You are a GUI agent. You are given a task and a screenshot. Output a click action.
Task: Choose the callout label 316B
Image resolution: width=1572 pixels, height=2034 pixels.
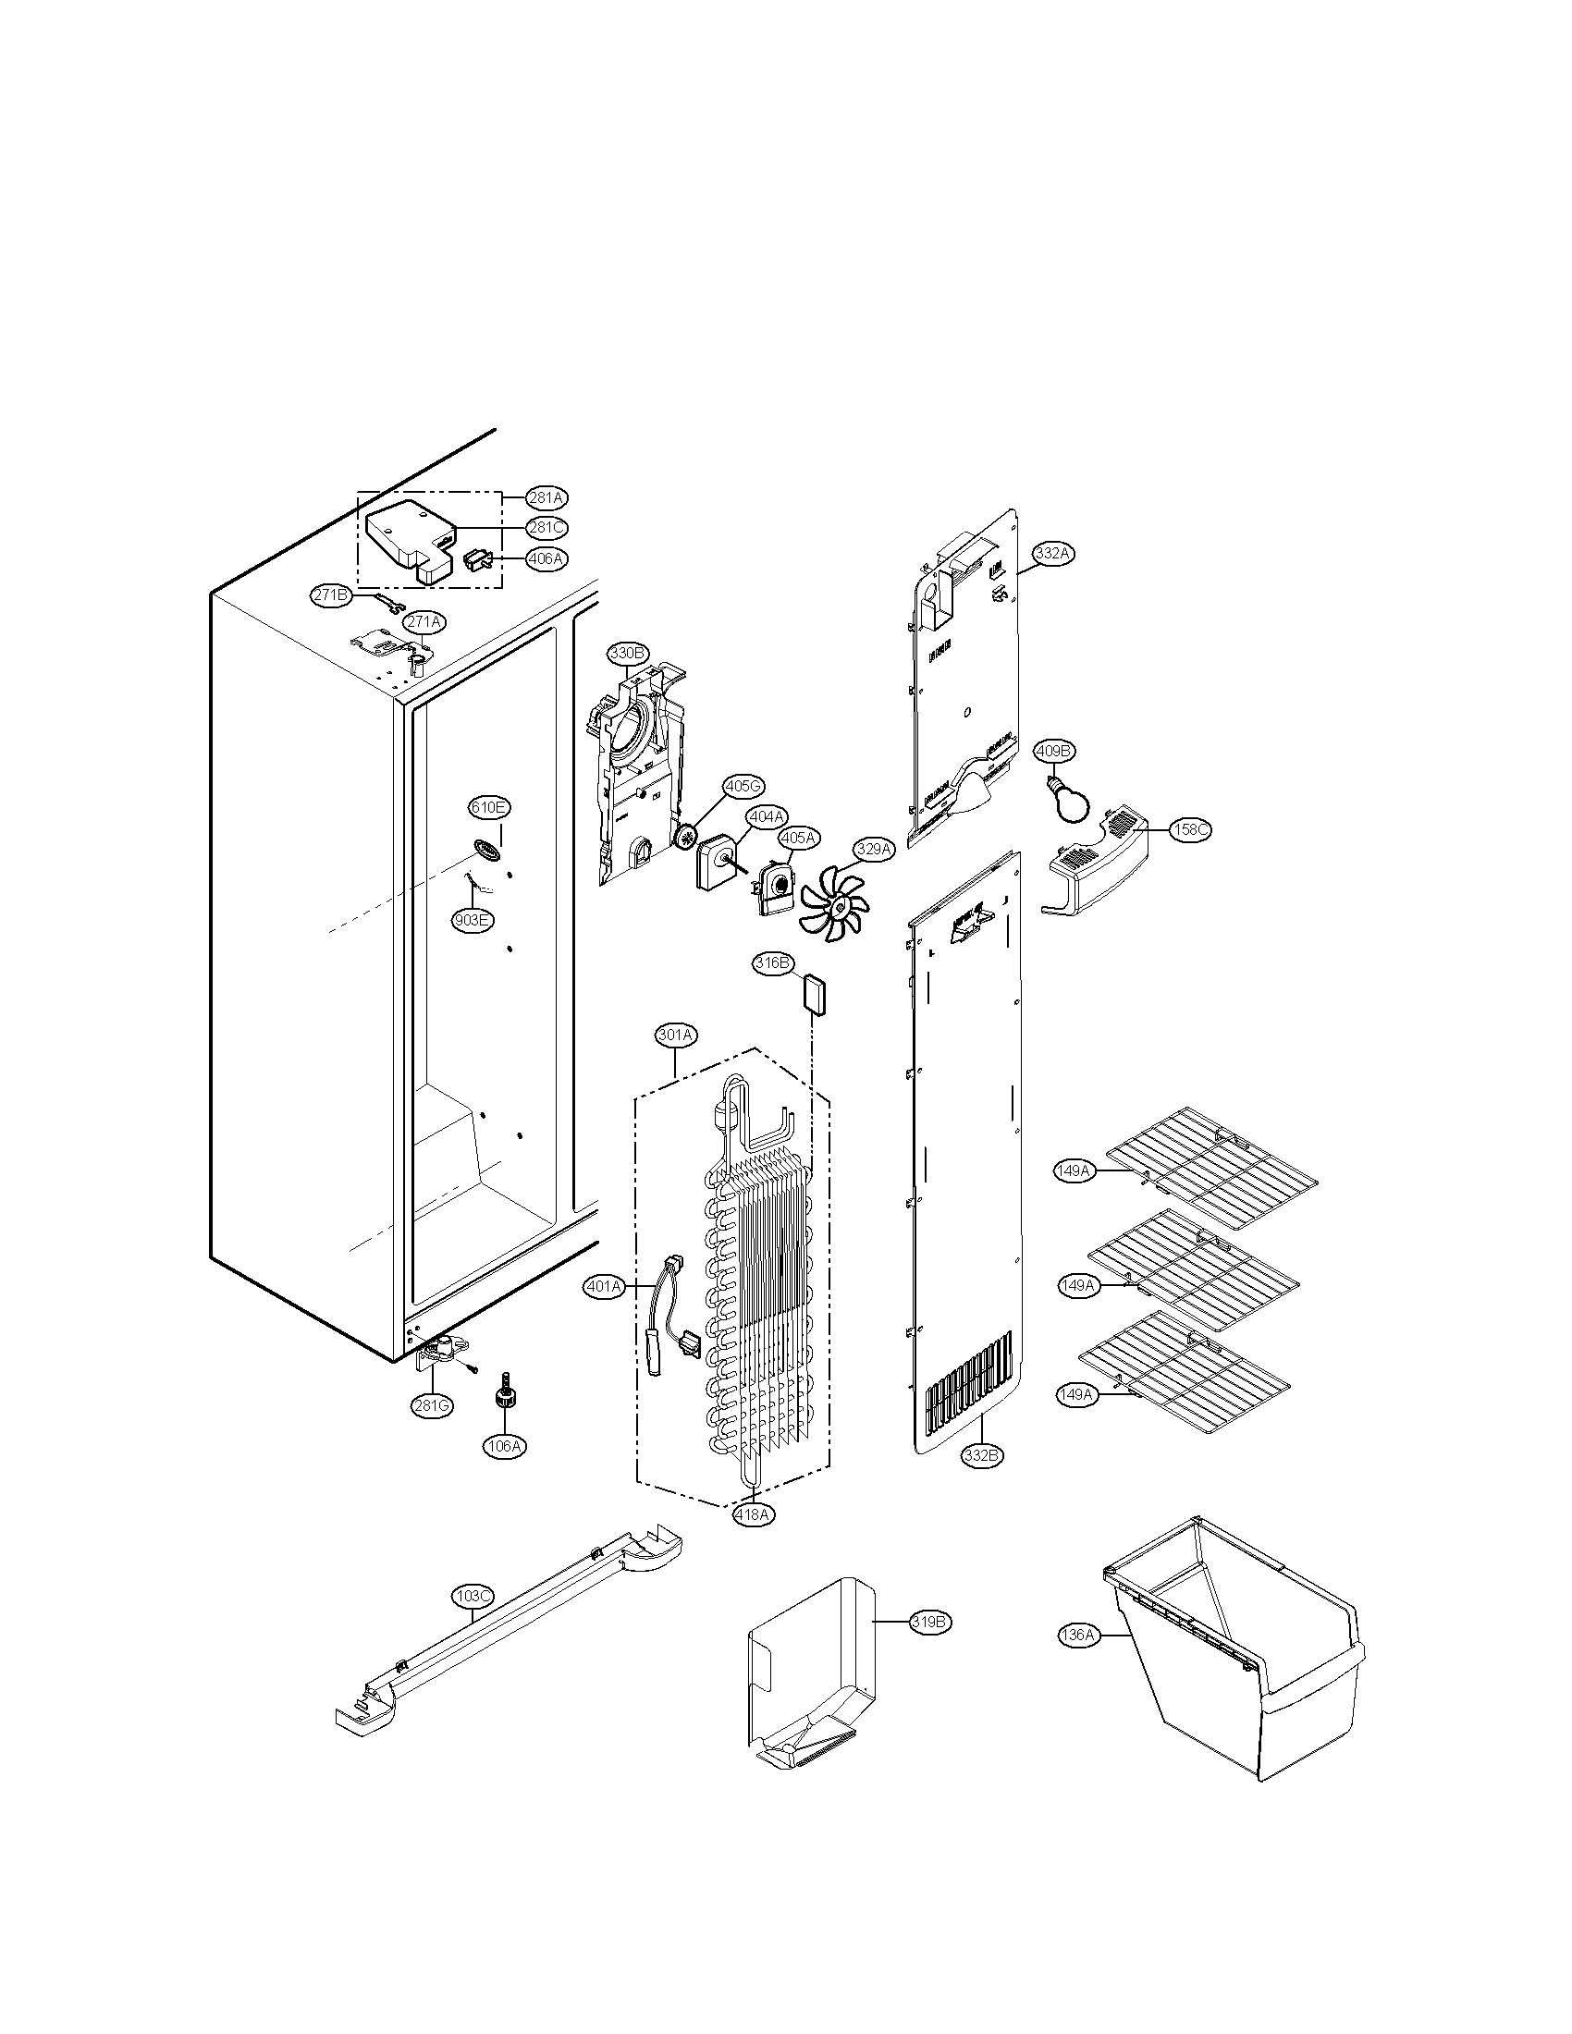[x=773, y=962]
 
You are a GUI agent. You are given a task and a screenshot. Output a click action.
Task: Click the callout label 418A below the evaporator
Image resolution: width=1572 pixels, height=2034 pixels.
[x=752, y=1514]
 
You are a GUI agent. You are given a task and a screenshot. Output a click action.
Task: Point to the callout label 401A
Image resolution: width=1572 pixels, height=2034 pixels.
[x=604, y=1287]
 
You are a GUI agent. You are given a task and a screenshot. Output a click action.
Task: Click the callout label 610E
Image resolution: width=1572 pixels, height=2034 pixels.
[x=488, y=807]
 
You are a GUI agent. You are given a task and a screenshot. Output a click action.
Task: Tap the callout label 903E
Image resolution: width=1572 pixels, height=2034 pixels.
[x=473, y=920]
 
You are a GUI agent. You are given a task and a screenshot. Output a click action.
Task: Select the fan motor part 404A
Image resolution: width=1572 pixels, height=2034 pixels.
[x=715, y=863]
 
